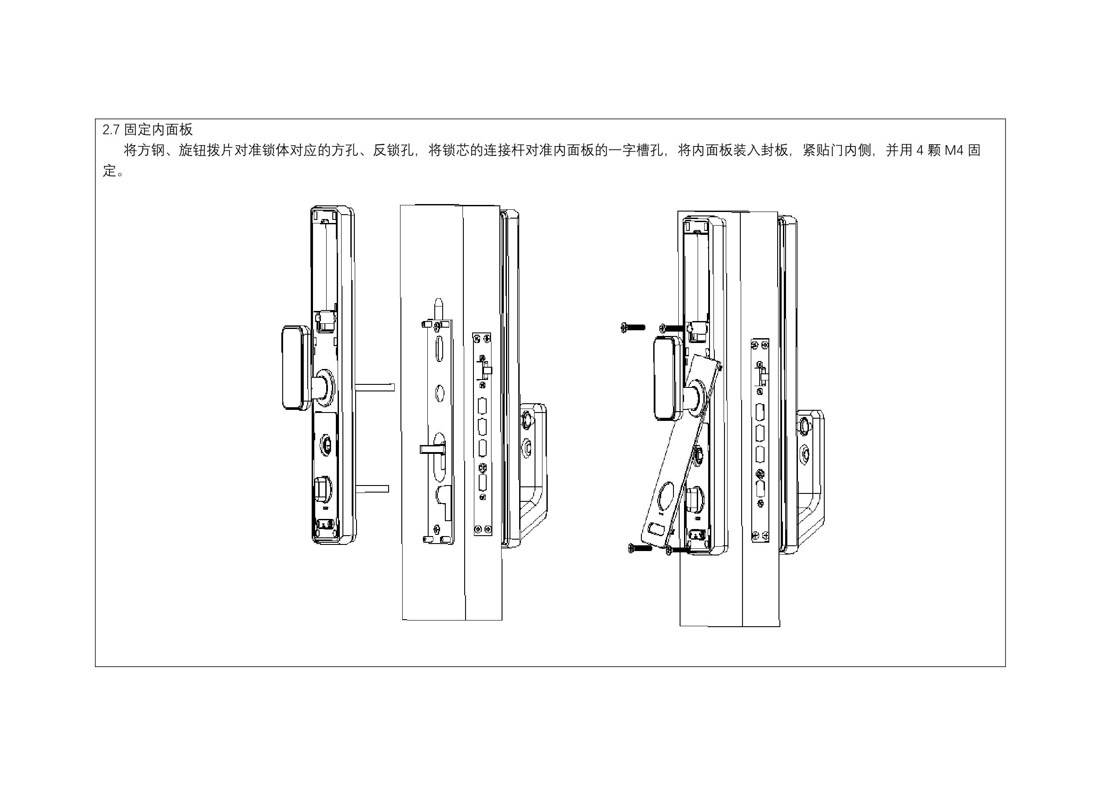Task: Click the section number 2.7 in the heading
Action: click(x=111, y=130)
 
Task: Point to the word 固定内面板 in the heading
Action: click(x=159, y=130)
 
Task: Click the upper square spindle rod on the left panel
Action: click(x=375, y=387)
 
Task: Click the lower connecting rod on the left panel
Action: click(x=372, y=489)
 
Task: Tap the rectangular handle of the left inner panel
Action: click(x=296, y=368)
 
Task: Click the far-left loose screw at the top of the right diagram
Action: click(x=632, y=328)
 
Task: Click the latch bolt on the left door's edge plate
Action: click(x=486, y=371)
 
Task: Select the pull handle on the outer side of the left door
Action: click(x=534, y=471)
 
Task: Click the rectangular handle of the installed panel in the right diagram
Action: click(x=668, y=378)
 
